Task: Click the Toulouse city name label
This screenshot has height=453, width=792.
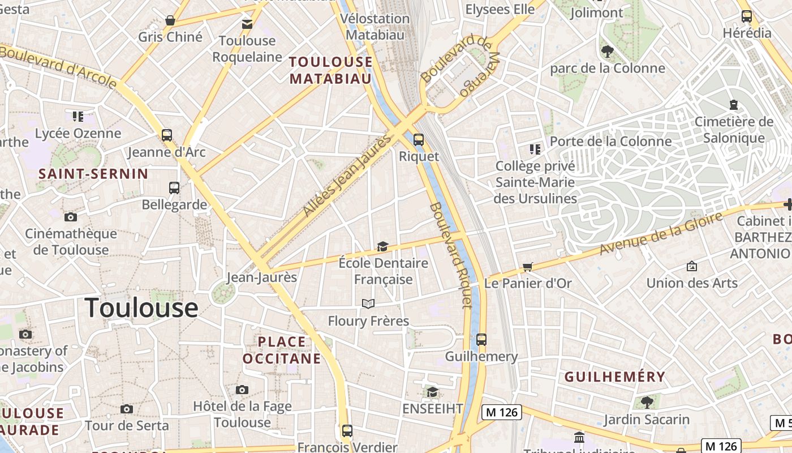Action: click(x=141, y=308)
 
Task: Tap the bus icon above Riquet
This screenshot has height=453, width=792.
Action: click(x=419, y=139)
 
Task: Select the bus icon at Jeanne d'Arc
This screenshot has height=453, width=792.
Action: click(x=166, y=135)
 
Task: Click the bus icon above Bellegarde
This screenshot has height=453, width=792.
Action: click(x=174, y=188)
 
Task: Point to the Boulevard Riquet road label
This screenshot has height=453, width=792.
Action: click(x=450, y=255)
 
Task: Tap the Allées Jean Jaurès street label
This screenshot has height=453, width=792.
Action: click(x=346, y=176)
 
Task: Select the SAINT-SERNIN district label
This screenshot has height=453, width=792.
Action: click(x=93, y=174)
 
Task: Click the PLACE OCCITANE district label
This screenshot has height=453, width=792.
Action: click(x=282, y=350)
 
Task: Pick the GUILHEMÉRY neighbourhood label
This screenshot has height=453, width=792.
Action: click(x=615, y=377)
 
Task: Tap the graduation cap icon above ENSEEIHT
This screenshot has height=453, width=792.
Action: click(x=432, y=392)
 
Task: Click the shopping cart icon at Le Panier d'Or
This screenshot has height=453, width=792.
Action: click(x=527, y=267)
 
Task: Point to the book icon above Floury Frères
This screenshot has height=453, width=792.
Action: click(x=368, y=304)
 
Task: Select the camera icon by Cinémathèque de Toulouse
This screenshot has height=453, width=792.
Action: click(x=71, y=217)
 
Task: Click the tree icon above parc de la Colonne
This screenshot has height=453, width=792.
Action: click(x=608, y=52)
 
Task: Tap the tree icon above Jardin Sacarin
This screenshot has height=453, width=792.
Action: click(x=647, y=402)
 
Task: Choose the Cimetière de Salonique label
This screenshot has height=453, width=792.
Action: click(x=734, y=130)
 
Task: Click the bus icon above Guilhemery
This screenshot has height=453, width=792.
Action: click(x=481, y=340)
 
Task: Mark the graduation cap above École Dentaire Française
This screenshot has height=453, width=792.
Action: click(x=383, y=247)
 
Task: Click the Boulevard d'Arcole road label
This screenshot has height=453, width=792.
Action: click(x=59, y=67)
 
